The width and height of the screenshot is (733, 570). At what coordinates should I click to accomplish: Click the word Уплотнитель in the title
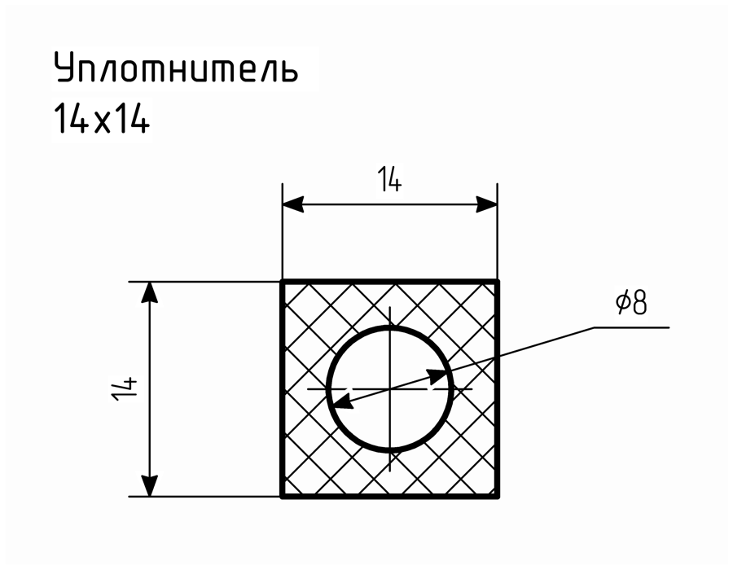176,67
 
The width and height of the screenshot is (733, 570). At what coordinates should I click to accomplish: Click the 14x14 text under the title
103,118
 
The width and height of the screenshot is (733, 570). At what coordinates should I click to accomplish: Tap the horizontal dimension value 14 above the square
389,180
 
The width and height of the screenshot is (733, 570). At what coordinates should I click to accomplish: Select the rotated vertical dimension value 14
125,388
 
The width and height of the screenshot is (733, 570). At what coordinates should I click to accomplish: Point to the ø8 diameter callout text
631,303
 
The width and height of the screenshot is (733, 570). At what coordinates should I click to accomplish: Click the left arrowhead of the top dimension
293,204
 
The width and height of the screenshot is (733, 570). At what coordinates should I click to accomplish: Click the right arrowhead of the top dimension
486,204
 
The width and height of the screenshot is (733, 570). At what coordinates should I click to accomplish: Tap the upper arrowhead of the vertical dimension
149,292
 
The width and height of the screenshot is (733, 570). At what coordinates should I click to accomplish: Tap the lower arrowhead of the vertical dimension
149,486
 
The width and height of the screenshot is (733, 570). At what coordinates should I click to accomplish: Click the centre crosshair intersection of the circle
390,388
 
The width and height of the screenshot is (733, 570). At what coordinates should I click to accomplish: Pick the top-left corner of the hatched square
283,281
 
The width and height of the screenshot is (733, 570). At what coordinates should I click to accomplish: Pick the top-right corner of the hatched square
498,281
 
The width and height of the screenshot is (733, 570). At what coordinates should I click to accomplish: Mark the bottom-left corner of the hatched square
283,497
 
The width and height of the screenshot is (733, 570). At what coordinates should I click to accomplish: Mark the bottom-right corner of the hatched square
498,497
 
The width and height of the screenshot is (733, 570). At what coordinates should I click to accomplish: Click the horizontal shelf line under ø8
631,327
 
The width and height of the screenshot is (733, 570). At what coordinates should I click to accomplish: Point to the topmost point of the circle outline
390,327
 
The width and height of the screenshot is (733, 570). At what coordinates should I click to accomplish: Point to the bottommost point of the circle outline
390,450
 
